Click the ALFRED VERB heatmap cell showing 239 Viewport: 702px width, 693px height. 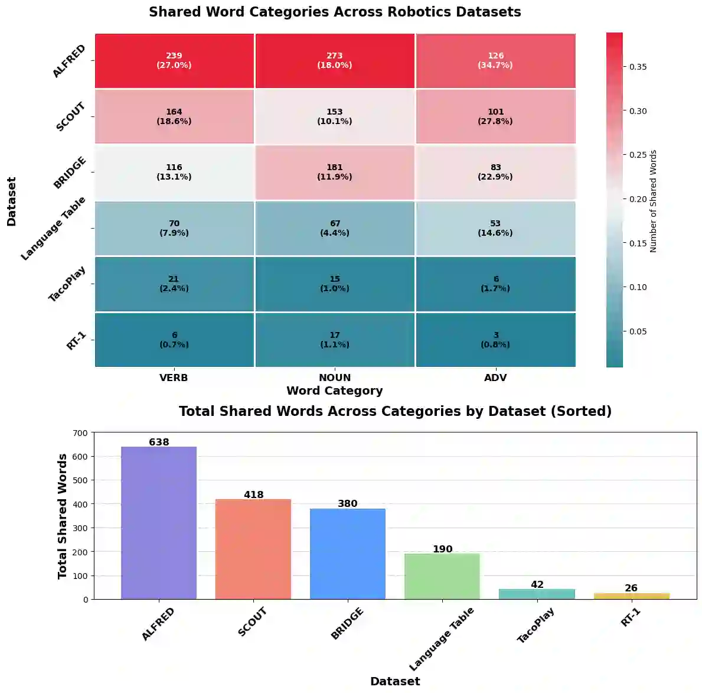click(174, 61)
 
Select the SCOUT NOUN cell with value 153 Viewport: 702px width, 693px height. click(335, 116)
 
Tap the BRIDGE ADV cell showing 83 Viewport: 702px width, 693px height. click(495, 172)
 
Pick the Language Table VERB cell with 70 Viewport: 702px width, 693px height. click(174, 228)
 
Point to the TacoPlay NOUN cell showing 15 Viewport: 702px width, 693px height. click(335, 284)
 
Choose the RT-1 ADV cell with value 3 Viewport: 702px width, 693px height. click(495, 340)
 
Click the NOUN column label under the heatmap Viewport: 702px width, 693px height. click(335, 378)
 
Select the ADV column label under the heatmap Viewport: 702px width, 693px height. click(495, 378)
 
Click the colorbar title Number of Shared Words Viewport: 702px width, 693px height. click(653, 201)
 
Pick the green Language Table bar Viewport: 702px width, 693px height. click(442, 576)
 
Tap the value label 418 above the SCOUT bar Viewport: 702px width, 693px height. click(254, 494)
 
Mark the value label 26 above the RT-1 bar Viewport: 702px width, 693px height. click(631, 588)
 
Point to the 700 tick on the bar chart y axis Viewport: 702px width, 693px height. click(81, 433)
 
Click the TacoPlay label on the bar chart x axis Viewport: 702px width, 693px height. click(536, 626)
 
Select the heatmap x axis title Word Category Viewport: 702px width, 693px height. click(335, 391)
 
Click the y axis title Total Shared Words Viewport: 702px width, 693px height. click(62, 516)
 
